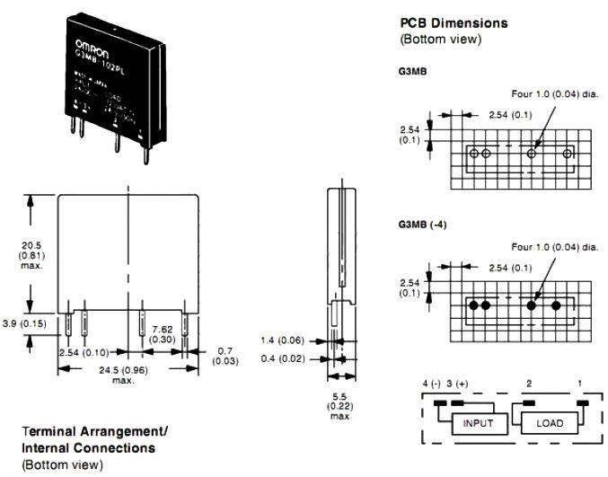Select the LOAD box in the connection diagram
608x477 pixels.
point(550,422)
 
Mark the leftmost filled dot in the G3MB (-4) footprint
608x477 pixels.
point(472,305)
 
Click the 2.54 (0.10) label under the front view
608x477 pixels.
point(84,352)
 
